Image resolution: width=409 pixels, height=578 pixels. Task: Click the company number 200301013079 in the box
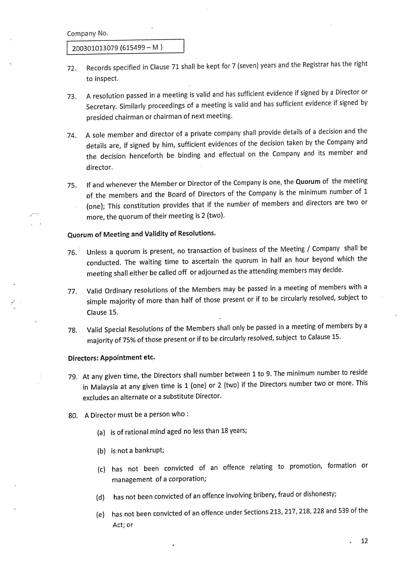[95, 48]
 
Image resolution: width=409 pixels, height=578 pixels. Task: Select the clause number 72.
[72, 68]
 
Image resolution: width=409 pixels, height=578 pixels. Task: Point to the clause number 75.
[72, 186]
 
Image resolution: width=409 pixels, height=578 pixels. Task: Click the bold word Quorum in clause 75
[308, 182]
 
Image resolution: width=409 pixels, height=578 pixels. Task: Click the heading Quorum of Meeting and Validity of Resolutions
[142, 234]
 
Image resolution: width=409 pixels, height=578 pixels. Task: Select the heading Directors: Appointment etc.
[111, 358]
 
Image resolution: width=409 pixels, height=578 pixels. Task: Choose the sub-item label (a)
[101, 433]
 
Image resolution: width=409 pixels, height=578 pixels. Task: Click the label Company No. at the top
[88, 33]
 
